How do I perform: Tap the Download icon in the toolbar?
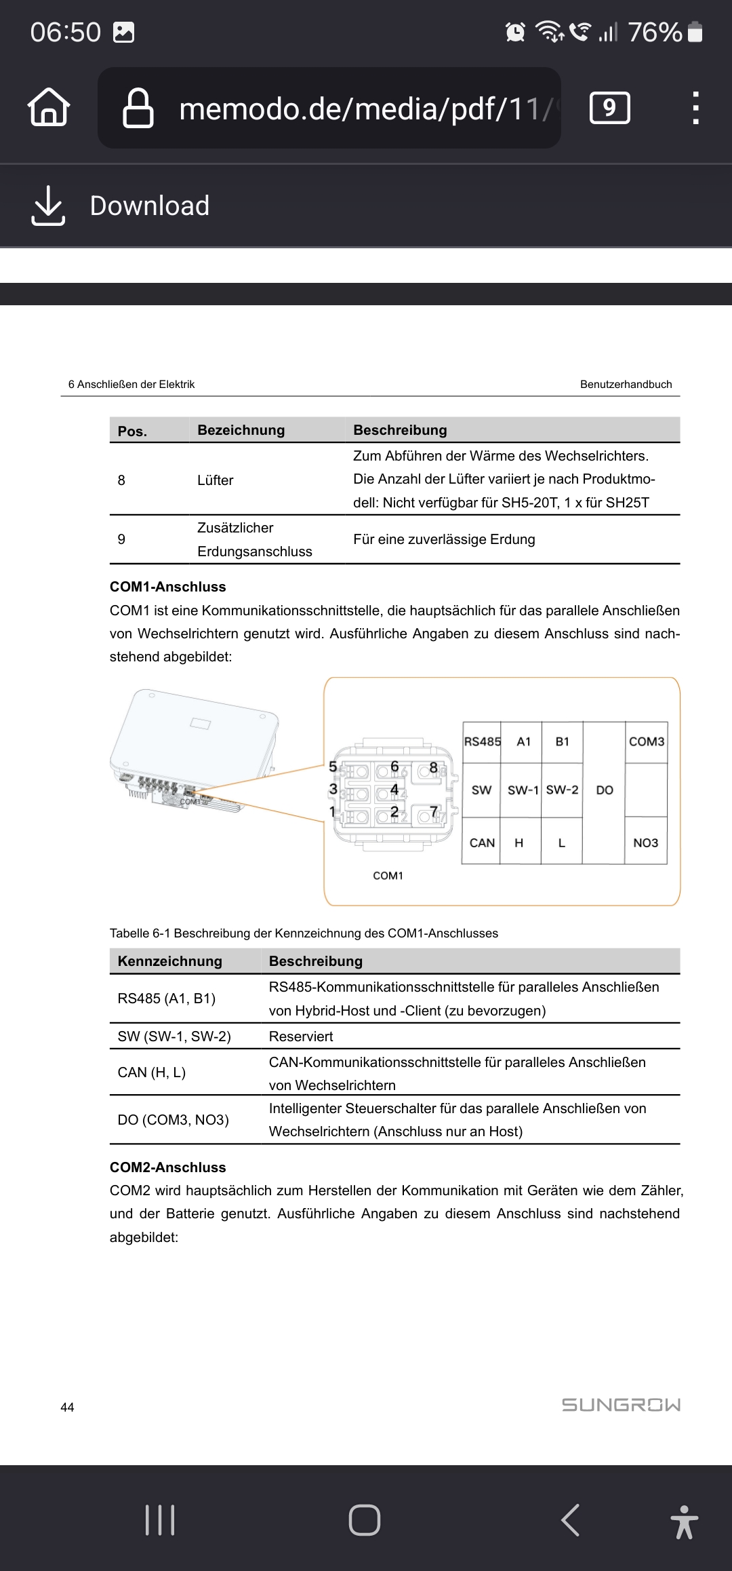pos(48,205)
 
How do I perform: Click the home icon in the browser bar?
pos(49,107)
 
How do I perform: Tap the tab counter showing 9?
pos(610,108)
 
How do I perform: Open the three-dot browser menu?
pos(695,108)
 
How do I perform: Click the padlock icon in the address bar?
pos(138,108)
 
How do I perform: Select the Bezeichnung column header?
pos(241,430)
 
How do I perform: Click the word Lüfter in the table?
pos(215,480)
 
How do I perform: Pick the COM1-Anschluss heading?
pos(167,587)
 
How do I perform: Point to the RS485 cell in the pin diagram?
pos(482,741)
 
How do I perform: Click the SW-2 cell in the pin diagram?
pos(562,790)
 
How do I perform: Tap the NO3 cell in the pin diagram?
pos(645,842)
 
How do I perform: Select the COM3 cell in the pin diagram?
pos(646,741)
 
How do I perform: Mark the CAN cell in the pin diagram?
pos(482,842)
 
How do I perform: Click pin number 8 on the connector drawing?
pos(433,769)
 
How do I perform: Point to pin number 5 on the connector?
pos(333,767)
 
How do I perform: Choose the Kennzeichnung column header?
pos(169,961)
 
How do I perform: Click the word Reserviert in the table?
pos(301,1036)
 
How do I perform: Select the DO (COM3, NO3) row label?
pos(173,1120)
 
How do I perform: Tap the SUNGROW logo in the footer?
pos(621,1405)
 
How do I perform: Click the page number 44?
pos(67,1408)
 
